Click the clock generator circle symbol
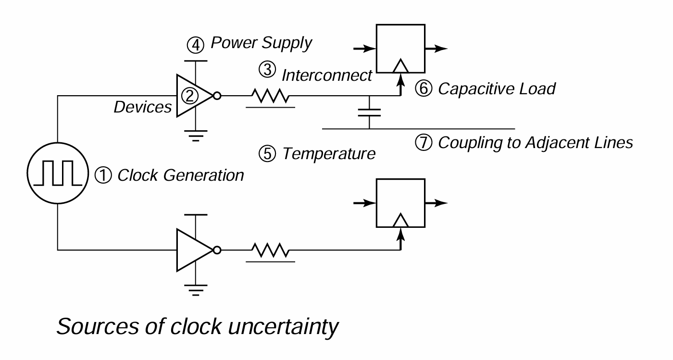pyautogui.click(x=58, y=143)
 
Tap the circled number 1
pyautogui.click(x=103, y=175)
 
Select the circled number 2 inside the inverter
pyautogui.click(x=190, y=96)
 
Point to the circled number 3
pyautogui.click(x=267, y=70)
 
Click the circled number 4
pyautogui.click(x=196, y=45)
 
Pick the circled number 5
pyautogui.click(x=267, y=154)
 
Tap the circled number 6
pyautogui.click(x=424, y=88)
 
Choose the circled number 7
pyautogui.click(x=424, y=142)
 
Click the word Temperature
pyautogui.click(x=329, y=154)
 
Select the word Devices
pyautogui.click(x=143, y=107)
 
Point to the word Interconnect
pyautogui.click(x=327, y=75)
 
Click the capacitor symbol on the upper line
pyautogui.click(x=369, y=112)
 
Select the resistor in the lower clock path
pyautogui.click(x=270, y=250)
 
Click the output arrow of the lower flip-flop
pyautogui.click(x=436, y=203)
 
